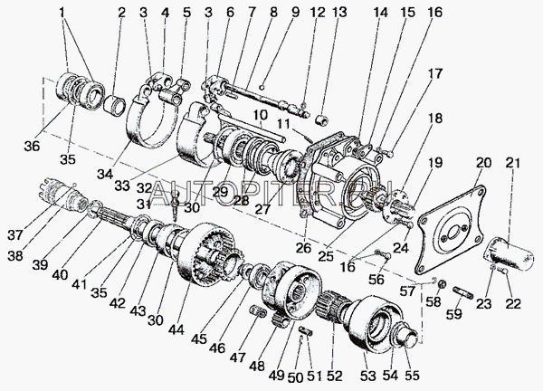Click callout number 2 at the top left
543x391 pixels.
(122, 13)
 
